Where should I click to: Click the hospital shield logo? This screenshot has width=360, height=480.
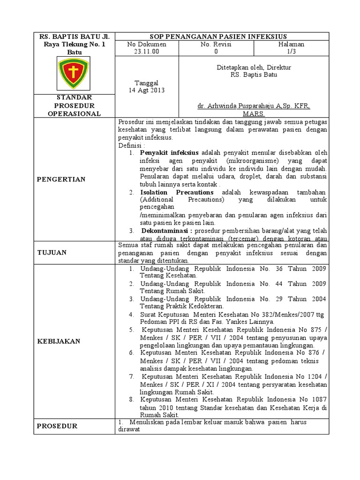coord(74,73)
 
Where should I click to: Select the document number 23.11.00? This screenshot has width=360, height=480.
coord(147,52)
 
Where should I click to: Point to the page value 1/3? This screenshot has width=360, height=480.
coord(292,52)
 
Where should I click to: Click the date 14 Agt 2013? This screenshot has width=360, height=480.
coord(147,90)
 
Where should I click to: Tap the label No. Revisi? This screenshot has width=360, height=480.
coord(216,44)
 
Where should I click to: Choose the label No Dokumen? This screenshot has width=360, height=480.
coord(147,44)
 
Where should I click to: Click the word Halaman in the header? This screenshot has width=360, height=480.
coord(292,44)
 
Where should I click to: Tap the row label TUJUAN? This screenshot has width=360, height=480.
coord(52,253)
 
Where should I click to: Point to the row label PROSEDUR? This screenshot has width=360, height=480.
coord(57,426)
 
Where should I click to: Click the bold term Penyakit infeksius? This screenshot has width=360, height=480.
coord(170,153)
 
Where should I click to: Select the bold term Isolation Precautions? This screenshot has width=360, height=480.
coord(177,193)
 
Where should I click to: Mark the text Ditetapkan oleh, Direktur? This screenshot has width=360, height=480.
coord(254,67)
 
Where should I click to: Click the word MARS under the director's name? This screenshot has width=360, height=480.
coord(254,114)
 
